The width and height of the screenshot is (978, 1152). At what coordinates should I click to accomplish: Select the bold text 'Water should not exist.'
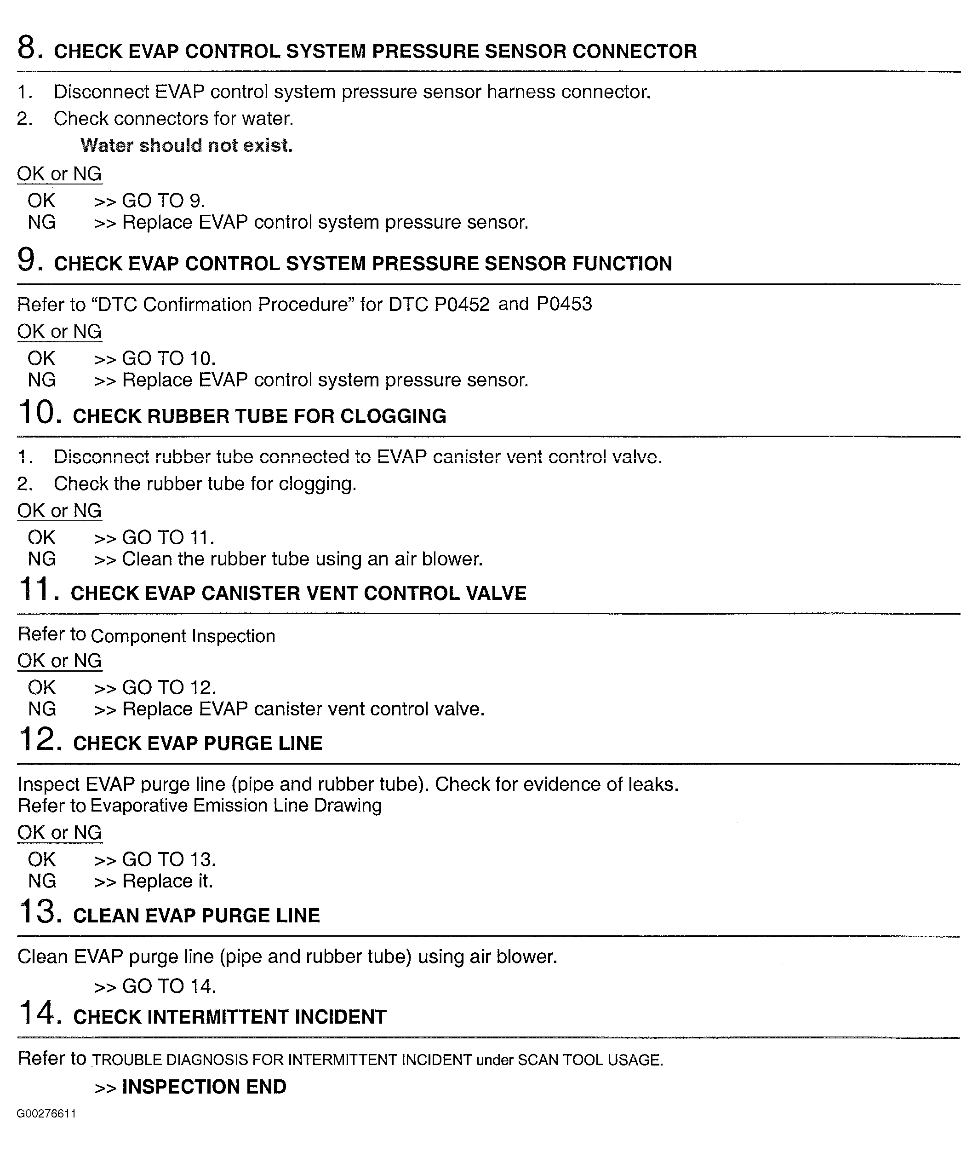[x=186, y=145]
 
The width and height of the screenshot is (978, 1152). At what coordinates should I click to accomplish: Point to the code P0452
[x=462, y=305]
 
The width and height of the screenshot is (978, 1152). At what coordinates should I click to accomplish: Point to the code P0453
[x=564, y=304]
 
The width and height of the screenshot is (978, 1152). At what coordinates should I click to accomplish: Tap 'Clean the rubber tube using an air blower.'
[x=302, y=559]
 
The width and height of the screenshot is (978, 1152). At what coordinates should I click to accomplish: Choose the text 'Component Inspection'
[x=183, y=636]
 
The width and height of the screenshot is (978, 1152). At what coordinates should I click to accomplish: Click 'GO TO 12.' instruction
[x=169, y=688]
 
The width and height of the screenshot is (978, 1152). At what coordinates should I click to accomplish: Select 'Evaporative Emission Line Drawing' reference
[x=235, y=806]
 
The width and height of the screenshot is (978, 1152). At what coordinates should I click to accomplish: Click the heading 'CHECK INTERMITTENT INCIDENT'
[x=229, y=1017]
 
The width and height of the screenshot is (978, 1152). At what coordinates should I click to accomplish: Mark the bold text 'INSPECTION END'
[x=204, y=1087]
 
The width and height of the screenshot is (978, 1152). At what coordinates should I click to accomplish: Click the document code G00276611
[x=46, y=1114]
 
